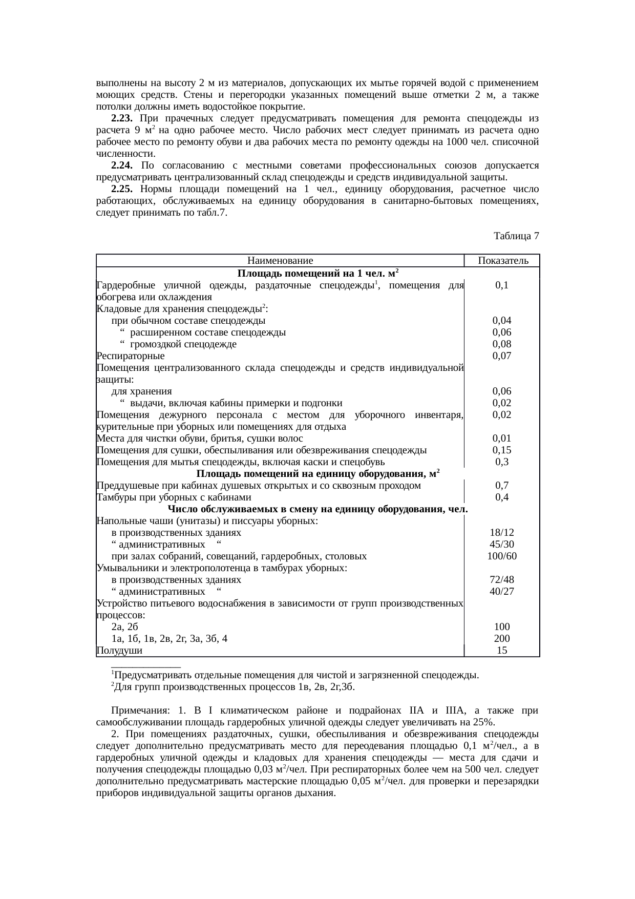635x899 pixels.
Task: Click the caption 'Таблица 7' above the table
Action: click(x=516, y=236)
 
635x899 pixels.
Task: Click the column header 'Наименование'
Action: click(x=280, y=261)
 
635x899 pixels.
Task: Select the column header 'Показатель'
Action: click(x=502, y=261)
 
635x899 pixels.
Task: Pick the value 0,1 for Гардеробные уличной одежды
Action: click(x=502, y=285)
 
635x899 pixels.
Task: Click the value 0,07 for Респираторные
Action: click(x=502, y=356)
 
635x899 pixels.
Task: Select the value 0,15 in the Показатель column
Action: click(x=502, y=450)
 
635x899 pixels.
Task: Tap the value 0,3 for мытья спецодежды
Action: click(x=502, y=462)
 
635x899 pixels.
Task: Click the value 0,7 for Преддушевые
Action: click(x=502, y=486)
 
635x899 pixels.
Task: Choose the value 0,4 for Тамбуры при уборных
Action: click(x=502, y=497)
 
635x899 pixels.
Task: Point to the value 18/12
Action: click(x=502, y=533)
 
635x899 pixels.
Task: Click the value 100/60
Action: click(x=502, y=556)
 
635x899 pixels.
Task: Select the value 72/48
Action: click(x=502, y=580)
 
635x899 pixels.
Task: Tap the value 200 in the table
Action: click(x=502, y=639)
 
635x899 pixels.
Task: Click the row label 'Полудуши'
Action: click(x=119, y=651)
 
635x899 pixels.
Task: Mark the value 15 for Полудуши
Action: click(x=502, y=651)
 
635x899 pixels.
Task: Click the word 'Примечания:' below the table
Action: click(x=140, y=711)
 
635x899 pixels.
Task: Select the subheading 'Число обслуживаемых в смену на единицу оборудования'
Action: click(x=317, y=510)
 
